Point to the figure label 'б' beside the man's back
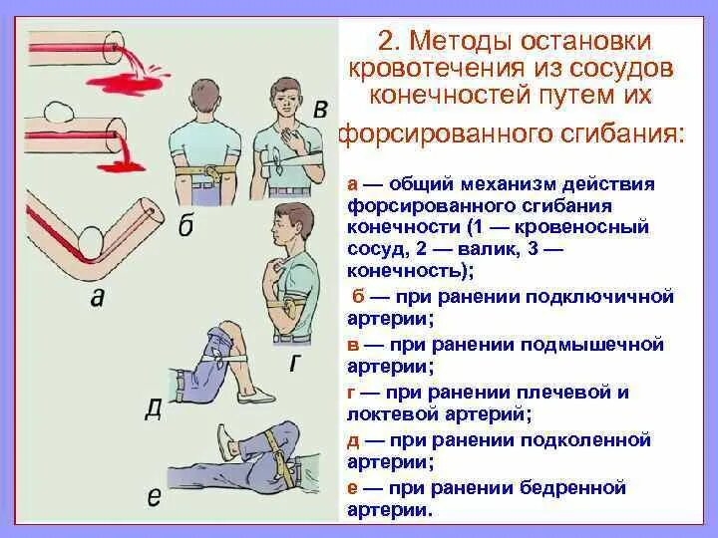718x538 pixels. click(186, 226)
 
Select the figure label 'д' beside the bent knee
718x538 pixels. click(153, 407)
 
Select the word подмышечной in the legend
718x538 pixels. click(604, 344)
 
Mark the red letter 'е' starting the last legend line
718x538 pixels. click(353, 487)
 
